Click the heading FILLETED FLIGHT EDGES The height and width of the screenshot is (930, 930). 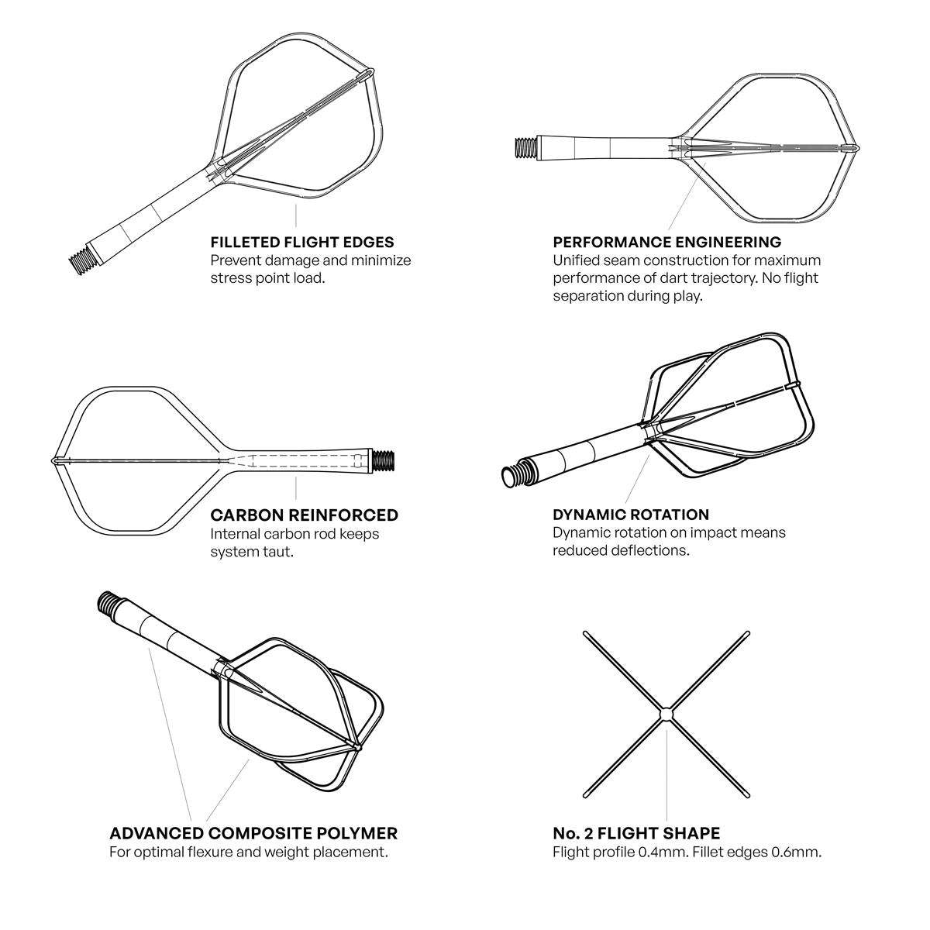[x=302, y=243]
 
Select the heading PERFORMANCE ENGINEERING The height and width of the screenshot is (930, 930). [x=666, y=243]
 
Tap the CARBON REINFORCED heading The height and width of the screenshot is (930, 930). [x=304, y=515]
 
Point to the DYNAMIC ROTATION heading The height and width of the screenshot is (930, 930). [x=630, y=515]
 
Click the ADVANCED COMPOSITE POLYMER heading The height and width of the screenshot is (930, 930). [x=253, y=833]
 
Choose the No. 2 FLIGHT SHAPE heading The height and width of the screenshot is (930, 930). [x=636, y=833]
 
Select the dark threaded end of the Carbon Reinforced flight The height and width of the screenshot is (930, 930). [x=384, y=460]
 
